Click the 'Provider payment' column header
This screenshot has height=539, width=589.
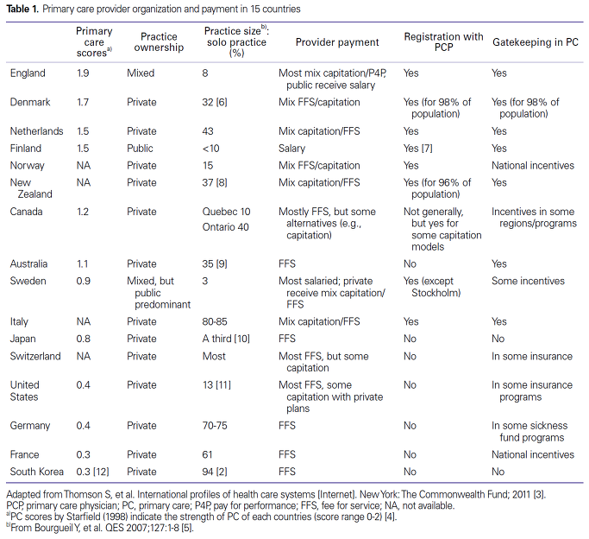tap(337, 42)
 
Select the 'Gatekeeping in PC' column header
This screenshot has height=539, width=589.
tap(536, 42)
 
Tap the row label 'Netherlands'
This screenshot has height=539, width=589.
tap(36, 131)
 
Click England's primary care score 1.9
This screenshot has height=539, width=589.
tap(83, 73)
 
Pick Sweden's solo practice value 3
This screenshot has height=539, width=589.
tap(205, 281)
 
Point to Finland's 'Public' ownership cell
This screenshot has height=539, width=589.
tap(140, 149)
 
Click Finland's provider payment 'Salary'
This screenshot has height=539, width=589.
tap(291, 149)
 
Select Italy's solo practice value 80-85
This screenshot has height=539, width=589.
tap(215, 321)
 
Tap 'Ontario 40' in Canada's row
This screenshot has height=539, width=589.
tap(225, 227)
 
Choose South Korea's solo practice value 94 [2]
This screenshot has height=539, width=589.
tap(215, 472)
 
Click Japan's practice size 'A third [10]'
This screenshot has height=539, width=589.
tap(226, 339)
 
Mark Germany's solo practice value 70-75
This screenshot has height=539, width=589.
tap(215, 425)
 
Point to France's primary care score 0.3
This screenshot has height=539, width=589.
tap(83, 454)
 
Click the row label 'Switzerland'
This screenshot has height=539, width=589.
tap(35, 356)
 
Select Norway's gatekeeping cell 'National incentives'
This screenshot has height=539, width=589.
tap(533, 166)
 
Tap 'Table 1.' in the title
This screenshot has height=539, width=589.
tap(22, 9)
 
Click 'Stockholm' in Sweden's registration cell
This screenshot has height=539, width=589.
tap(435, 293)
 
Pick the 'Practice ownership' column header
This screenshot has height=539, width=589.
tap(159, 41)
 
